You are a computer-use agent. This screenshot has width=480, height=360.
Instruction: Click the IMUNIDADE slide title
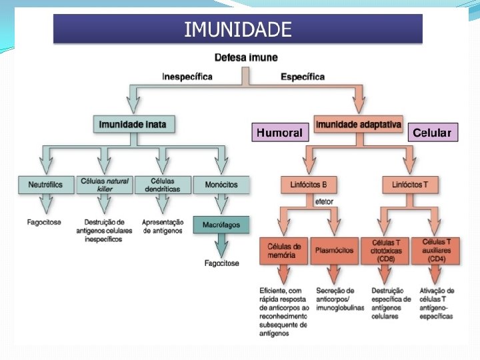coord(238,29)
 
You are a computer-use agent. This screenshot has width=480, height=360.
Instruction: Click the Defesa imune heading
coord(246,58)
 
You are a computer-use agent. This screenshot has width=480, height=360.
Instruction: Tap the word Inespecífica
coord(187,77)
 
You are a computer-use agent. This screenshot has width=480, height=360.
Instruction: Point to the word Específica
coord(303,77)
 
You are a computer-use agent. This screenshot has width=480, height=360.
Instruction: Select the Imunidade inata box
coord(133,124)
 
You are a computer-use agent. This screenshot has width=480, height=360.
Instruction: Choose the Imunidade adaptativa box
coord(358,124)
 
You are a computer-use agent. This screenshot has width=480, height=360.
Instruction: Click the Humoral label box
coord(279,133)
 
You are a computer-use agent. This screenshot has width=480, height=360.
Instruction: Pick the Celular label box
coord(432,133)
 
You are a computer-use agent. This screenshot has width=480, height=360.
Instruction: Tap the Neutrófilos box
coord(46,185)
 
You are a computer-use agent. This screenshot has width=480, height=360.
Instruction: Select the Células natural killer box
coord(105,185)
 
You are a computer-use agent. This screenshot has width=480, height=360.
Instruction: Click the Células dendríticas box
coord(163,185)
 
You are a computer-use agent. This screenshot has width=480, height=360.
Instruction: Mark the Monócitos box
coord(221,185)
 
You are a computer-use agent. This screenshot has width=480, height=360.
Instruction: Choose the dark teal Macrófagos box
coord(221,225)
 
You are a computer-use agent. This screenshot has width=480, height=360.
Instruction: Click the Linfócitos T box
coord(410,185)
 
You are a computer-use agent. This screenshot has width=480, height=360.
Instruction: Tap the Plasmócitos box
coord(336,250)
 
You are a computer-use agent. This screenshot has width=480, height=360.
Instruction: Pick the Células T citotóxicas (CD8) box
coord(387,250)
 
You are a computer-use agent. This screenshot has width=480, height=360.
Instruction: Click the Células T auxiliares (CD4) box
coord(437,250)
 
